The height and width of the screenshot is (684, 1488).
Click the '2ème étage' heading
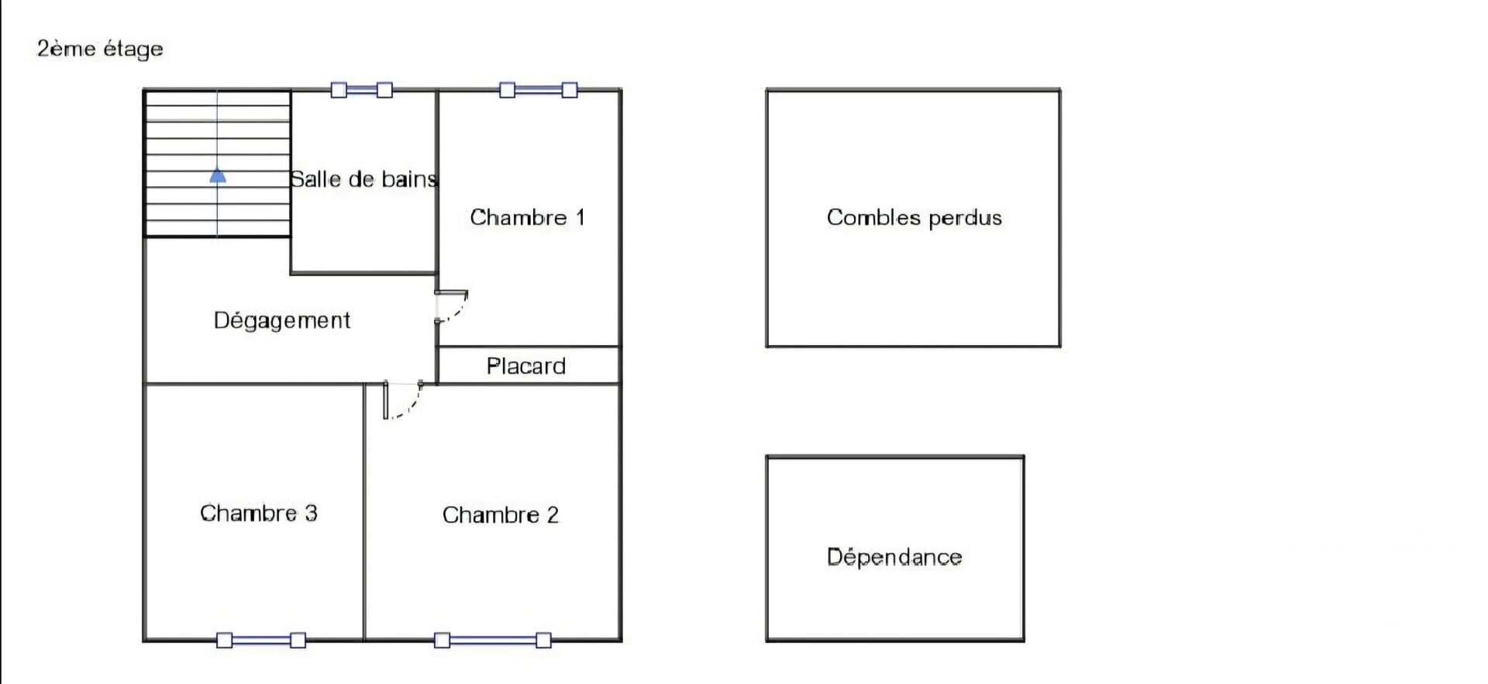(100, 49)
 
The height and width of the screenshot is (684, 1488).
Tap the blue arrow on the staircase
(218, 176)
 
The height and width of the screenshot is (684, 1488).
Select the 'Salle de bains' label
(363, 179)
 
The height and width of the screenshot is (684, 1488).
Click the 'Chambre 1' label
(527, 217)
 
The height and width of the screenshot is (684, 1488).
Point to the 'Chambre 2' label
(501, 515)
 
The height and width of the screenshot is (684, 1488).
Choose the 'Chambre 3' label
(259, 513)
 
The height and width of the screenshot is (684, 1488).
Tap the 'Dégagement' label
(282, 320)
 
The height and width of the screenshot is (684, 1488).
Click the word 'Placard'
(526, 366)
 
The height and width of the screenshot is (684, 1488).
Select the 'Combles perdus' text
(914, 218)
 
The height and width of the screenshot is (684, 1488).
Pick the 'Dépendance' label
(894, 557)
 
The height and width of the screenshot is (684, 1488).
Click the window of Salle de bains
(361, 90)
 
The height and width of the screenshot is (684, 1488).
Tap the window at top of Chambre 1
(538, 90)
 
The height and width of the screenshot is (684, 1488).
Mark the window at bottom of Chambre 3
(260, 641)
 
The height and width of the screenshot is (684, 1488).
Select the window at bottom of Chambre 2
(493, 641)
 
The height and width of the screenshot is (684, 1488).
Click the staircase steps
(218, 164)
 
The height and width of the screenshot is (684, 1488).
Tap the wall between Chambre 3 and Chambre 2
(364, 512)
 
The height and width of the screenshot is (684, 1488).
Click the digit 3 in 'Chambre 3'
(311, 513)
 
